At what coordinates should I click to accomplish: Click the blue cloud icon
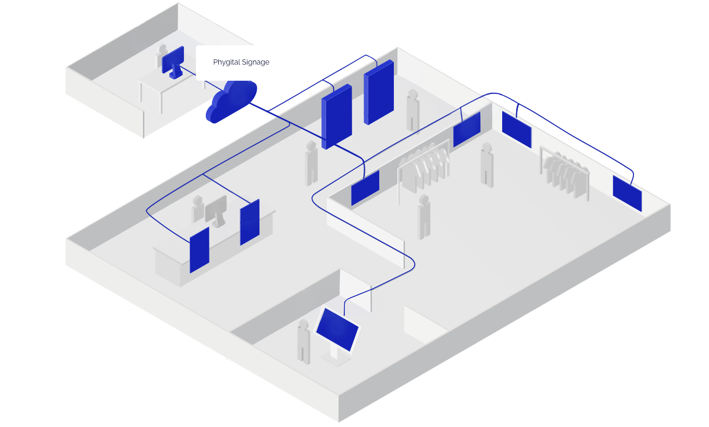[x=232, y=102]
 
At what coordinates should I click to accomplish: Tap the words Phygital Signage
[x=241, y=62]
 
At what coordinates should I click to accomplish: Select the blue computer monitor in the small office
[x=173, y=59]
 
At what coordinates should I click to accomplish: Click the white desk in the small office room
[x=161, y=86]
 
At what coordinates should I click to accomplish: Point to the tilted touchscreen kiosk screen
[x=338, y=329]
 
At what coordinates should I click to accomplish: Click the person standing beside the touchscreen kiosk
[x=304, y=342]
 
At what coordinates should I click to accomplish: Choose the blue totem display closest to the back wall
[x=379, y=92]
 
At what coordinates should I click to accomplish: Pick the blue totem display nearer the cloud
[x=337, y=116]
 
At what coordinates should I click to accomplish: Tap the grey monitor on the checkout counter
[x=216, y=210]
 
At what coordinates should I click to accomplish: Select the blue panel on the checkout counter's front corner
[x=200, y=250]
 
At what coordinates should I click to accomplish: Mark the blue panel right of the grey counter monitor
[x=250, y=222]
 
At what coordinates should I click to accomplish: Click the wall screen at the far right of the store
[x=627, y=193]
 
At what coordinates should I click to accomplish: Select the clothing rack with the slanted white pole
[x=423, y=169]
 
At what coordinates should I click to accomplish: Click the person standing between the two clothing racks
[x=487, y=165]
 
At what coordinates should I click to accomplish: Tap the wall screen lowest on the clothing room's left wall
[x=365, y=188]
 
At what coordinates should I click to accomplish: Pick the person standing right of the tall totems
[x=413, y=111]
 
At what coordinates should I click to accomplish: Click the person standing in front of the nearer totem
[x=312, y=163]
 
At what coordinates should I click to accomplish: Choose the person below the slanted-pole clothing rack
[x=424, y=217]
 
